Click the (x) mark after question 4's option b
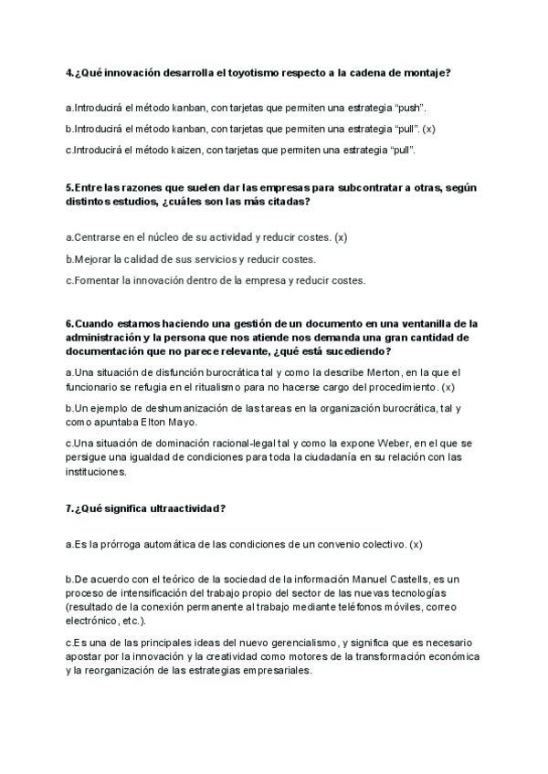[x=428, y=129]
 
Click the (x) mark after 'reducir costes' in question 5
[x=341, y=237]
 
